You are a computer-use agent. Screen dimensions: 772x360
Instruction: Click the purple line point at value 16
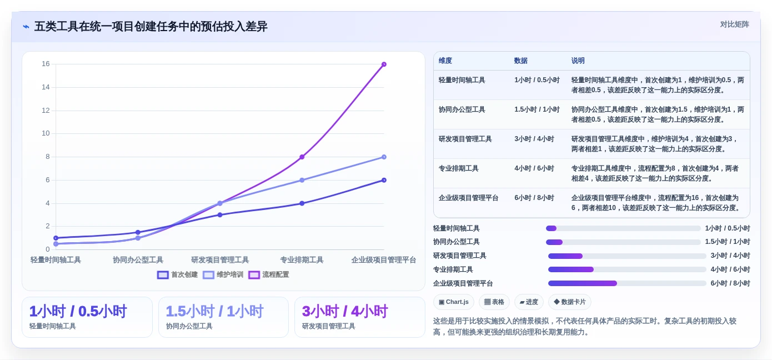pyautogui.click(x=384, y=64)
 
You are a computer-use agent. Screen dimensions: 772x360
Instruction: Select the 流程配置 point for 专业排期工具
pyautogui.click(x=302, y=157)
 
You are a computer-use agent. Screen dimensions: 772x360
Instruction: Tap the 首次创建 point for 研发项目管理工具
pyautogui.click(x=220, y=215)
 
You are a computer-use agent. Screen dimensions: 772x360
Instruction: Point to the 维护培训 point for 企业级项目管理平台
pyautogui.click(x=384, y=157)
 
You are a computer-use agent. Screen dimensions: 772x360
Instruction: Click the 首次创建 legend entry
pyautogui.click(x=177, y=274)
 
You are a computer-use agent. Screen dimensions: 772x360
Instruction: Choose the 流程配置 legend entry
pyautogui.click(x=268, y=274)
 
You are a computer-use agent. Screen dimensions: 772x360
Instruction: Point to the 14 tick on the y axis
pyautogui.click(x=46, y=87)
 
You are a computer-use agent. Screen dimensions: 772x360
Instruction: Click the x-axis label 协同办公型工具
pyautogui.click(x=138, y=259)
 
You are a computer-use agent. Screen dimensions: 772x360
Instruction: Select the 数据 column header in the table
pyautogui.click(x=521, y=61)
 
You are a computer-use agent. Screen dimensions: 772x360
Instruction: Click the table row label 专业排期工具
pyautogui.click(x=458, y=168)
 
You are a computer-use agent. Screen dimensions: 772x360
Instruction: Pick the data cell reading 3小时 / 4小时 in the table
pyautogui.click(x=534, y=139)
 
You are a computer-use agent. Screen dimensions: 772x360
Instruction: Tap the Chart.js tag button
pyautogui.click(x=454, y=302)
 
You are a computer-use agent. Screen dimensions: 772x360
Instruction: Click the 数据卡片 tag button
pyautogui.click(x=570, y=302)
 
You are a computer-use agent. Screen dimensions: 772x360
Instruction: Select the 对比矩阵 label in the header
pyautogui.click(x=734, y=24)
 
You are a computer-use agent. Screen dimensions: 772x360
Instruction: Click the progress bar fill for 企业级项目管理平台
pyautogui.click(x=583, y=283)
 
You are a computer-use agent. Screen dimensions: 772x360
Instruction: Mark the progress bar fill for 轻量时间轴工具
pyautogui.click(x=551, y=228)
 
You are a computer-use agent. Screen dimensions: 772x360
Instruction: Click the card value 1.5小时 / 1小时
pyautogui.click(x=214, y=311)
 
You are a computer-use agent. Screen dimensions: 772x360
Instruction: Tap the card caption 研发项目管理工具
pyautogui.click(x=328, y=326)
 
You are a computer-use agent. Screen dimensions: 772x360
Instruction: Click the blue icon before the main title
pyautogui.click(x=26, y=27)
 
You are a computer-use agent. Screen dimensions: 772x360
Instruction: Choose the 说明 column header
pyautogui.click(x=578, y=61)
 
